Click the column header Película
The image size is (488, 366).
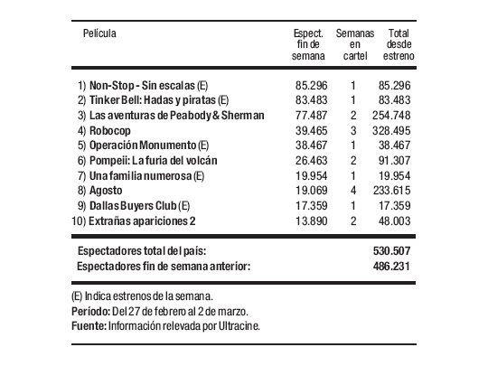(99, 33)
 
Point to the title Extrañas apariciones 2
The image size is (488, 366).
(137, 221)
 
